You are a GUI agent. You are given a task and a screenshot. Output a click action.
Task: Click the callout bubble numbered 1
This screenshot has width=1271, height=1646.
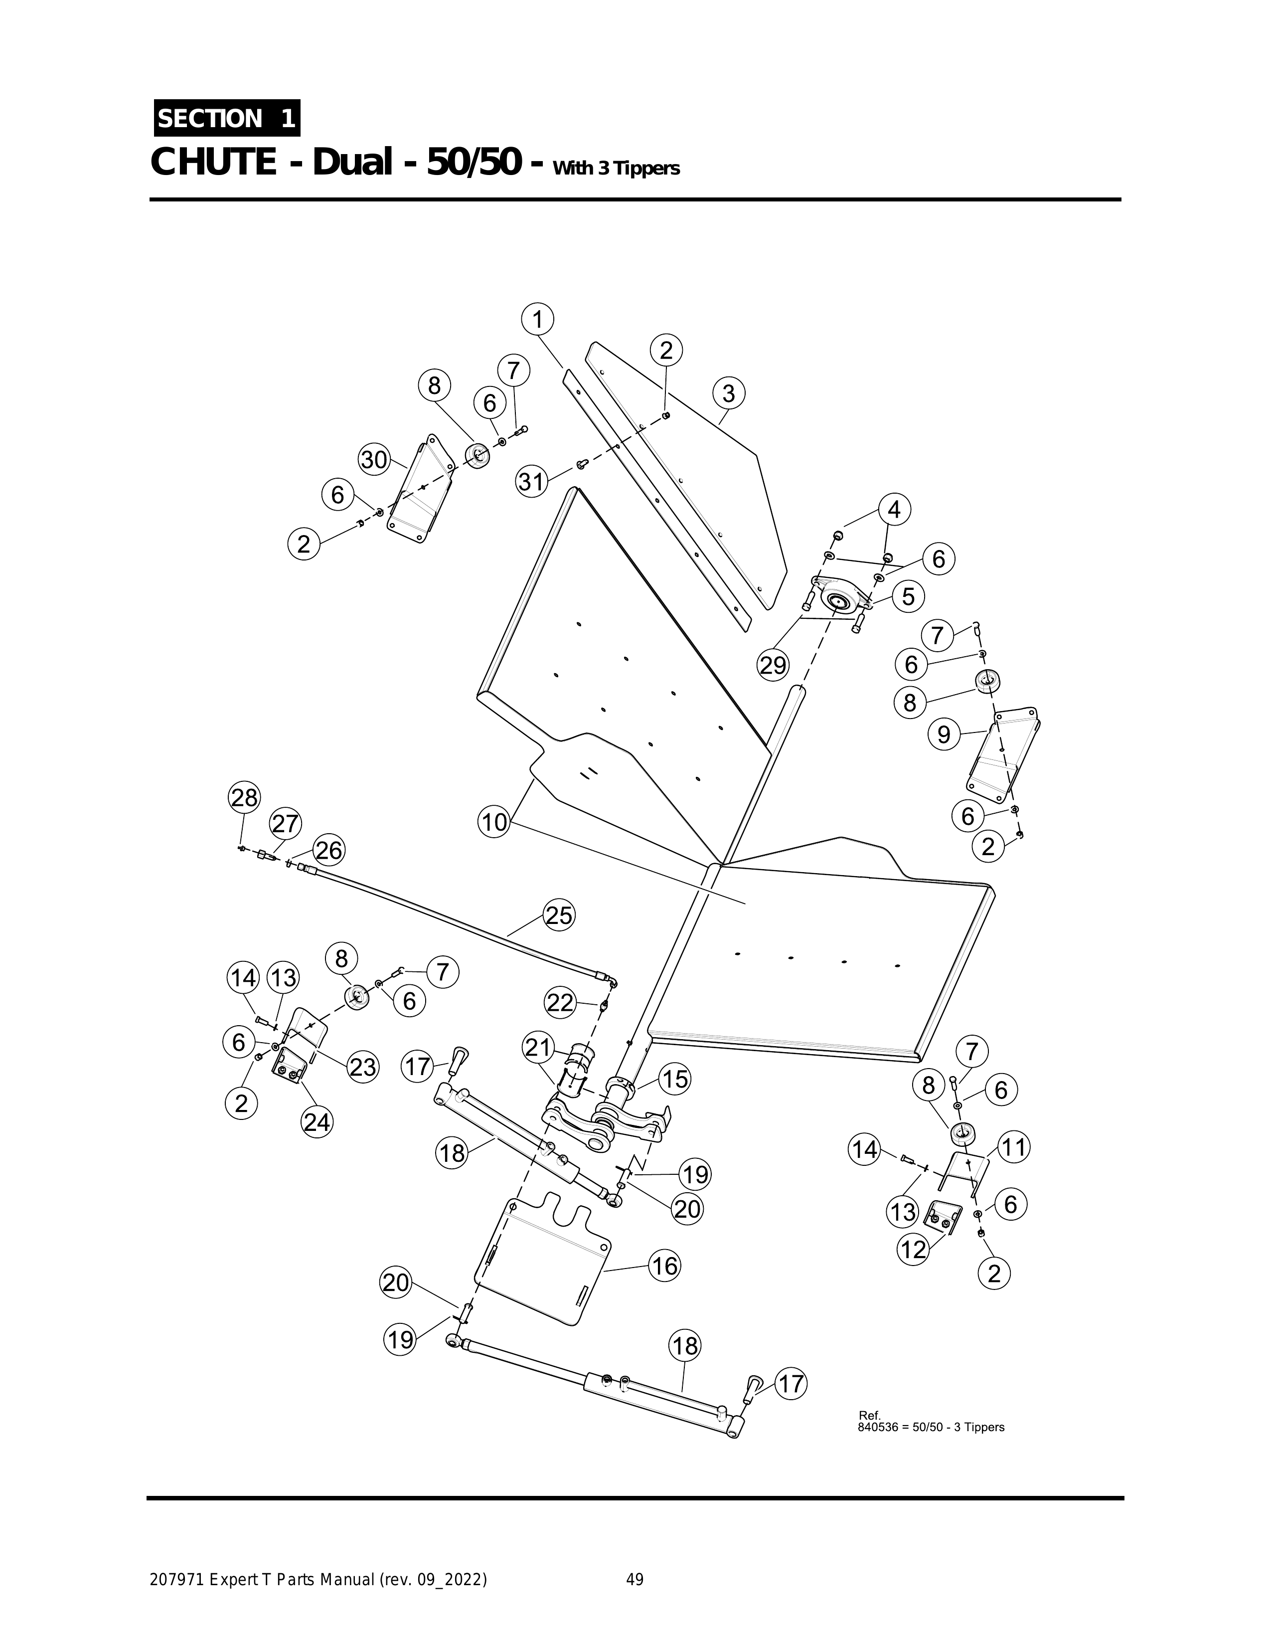tap(537, 320)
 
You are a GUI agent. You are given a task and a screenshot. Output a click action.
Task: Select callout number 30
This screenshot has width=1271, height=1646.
tap(374, 460)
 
